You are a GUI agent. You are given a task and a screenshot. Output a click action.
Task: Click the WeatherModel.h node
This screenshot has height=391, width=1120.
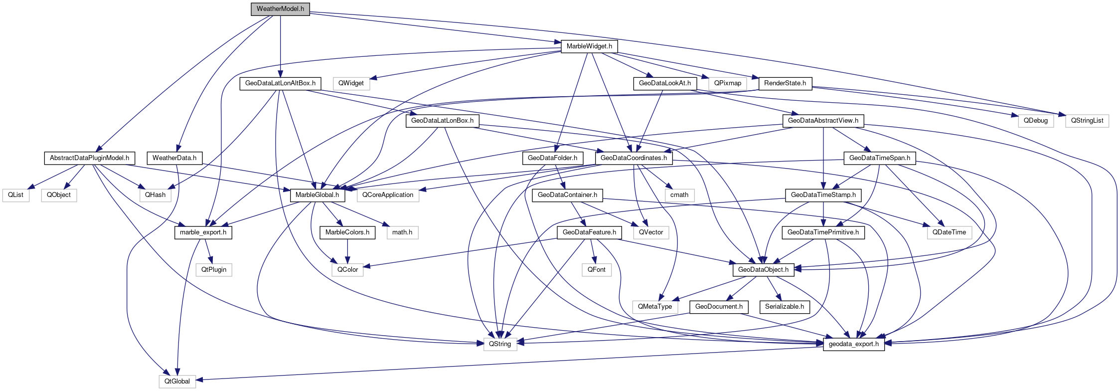coord(280,9)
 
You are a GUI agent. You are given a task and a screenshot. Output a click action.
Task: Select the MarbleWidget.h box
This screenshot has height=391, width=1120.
coord(589,46)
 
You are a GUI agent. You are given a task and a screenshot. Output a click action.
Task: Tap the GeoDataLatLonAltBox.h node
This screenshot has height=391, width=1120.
coord(280,83)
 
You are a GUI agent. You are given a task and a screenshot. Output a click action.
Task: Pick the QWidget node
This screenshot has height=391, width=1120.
coord(351,83)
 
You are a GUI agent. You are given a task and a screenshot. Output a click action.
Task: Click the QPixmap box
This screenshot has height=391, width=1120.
coord(727,83)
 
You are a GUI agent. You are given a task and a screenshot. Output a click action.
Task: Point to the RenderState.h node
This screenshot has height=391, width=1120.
coord(785,83)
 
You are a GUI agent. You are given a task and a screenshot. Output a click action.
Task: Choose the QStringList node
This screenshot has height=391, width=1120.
coord(1087,121)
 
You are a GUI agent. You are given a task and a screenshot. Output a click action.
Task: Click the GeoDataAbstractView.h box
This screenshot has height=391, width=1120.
coord(823,121)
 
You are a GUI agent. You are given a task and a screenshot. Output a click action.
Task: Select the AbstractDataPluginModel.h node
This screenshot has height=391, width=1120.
coord(89,158)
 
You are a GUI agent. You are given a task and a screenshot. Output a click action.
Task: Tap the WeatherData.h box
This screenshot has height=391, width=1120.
coord(174,158)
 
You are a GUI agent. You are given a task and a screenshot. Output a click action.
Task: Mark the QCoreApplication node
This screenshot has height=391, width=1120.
coord(388,195)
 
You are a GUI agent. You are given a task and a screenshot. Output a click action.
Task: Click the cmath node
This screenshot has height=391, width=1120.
coord(679,195)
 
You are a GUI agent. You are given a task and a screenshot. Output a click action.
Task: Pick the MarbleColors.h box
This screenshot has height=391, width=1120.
coord(347,232)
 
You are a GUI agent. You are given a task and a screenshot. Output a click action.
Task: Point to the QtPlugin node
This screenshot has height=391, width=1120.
coord(214,270)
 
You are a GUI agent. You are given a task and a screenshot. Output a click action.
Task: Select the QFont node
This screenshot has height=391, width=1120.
coord(596,270)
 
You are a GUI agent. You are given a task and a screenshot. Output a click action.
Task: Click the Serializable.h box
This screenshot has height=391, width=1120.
coord(784,307)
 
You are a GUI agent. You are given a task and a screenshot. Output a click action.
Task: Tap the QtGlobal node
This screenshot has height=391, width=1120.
coord(177,382)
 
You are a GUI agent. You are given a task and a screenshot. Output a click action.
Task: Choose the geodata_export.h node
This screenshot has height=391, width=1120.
coord(853,344)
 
